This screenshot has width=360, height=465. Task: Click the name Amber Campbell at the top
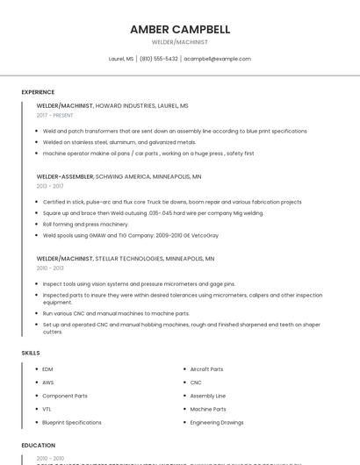click(x=180, y=29)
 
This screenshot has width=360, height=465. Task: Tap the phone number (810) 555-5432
click(x=158, y=59)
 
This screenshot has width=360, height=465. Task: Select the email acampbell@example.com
click(x=217, y=59)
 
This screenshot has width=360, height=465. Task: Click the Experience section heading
click(x=38, y=92)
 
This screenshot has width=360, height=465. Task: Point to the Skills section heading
click(x=31, y=353)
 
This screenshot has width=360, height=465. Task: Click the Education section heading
click(x=38, y=446)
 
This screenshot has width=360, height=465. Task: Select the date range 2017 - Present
click(x=55, y=115)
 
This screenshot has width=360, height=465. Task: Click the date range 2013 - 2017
click(x=50, y=186)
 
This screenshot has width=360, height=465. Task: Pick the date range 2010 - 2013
click(x=50, y=268)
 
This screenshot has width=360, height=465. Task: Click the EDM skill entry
click(x=47, y=369)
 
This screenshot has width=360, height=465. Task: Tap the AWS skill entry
click(x=48, y=383)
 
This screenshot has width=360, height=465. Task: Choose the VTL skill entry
click(x=47, y=409)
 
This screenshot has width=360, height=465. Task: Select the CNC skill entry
click(x=196, y=383)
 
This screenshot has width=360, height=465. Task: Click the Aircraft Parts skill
click(x=206, y=369)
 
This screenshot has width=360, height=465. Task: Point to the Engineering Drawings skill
click(x=217, y=422)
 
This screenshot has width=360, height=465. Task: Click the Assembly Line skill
click(x=208, y=396)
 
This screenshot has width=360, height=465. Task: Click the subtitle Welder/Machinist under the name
click(x=180, y=42)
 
